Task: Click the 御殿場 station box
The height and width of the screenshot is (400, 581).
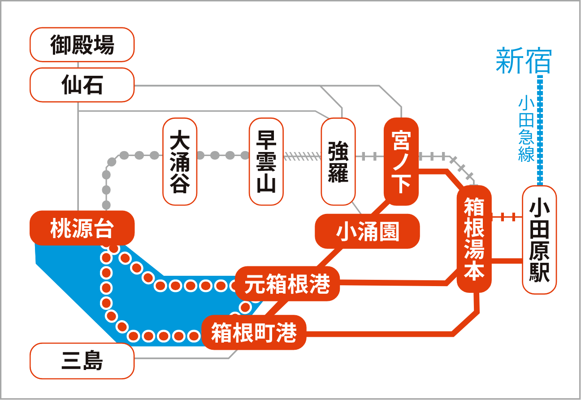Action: click(x=82, y=44)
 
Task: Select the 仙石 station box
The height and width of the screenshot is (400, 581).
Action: click(x=82, y=85)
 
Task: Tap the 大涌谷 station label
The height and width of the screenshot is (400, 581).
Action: click(x=180, y=161)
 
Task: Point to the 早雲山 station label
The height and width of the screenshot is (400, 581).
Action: click(x=266, y=161)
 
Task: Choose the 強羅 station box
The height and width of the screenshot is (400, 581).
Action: click(x=338, y=161)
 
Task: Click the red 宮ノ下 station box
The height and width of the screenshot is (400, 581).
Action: click(x=401, y=161)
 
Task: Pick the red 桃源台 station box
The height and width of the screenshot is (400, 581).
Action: click(x=82, y=228)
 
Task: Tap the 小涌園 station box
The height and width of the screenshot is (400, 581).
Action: click(x=367, y=231)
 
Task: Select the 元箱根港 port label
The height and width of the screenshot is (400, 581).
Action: click(x=287, y=284)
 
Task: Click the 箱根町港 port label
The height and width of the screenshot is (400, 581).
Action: click(x=254, y=332)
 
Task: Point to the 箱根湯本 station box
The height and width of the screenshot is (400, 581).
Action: click(x=474, y=239)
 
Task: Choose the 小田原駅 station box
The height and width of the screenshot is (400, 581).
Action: click(x=539, y=240)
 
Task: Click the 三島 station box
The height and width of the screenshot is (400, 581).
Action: click(x=82, y=361)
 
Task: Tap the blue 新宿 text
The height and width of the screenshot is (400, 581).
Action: click(x=524, y=61)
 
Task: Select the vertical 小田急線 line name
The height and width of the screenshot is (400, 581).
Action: click(x=526, y=130)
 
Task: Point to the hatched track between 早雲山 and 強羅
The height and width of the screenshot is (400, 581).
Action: click(x=303, y=157)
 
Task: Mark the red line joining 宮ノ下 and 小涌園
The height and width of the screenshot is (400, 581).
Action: click(x=381, y=209)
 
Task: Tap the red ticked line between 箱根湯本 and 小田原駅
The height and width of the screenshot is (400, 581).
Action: click(x=507, y=217)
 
